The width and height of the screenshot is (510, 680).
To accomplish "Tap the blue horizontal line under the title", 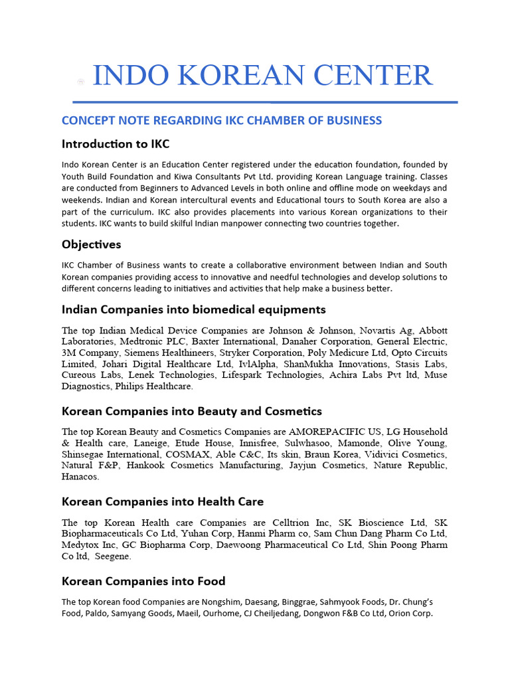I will pyautogui.click(x=265, y=102).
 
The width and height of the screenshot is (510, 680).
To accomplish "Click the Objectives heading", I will pyautogui.click(x=92, y=244).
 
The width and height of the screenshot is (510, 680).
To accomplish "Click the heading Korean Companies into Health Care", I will pyautogui.click(x=163, y=501).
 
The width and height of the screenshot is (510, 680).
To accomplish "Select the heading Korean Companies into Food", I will pyautogui.click(x=143, y=581).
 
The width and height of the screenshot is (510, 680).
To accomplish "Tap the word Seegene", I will pyautogui.click(x=112, y=556).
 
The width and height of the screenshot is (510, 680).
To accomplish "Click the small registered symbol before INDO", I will pyautogui.click(x=80, y=82).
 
